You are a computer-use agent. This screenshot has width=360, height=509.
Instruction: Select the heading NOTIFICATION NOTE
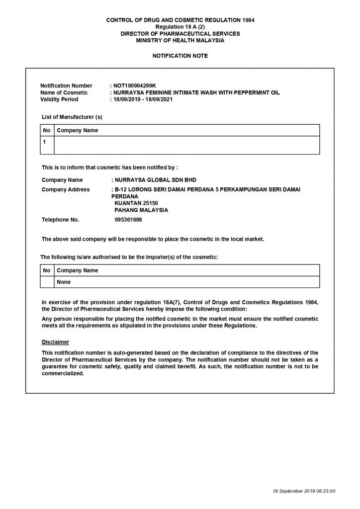click(180, 56)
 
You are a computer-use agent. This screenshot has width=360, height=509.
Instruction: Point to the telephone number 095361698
click(128, 219)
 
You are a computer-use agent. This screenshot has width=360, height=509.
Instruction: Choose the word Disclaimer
click(55, 342)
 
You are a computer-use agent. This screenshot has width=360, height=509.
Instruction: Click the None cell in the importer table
click(64, 282)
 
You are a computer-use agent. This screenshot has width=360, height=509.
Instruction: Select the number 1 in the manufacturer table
click(44, 142)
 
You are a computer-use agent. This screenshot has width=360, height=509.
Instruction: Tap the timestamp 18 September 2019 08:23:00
click(304, 491)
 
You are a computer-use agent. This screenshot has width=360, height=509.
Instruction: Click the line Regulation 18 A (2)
click(180, 27)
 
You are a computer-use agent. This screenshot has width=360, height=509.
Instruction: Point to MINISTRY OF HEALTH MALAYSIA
click(180, 40)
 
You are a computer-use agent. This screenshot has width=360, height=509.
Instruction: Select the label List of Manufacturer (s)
click(72, 117)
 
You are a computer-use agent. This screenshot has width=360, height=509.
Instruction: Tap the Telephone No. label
click(60, 219)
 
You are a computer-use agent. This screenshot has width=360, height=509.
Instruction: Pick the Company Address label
click(66, 189)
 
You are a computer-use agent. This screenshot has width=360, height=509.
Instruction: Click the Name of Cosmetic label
click(64, 92)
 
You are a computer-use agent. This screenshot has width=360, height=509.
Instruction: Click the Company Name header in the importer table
click(78, 270)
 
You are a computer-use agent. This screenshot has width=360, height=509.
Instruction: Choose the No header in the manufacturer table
click(47, 130)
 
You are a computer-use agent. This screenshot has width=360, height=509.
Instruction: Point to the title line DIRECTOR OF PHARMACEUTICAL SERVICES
click(180, 33)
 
